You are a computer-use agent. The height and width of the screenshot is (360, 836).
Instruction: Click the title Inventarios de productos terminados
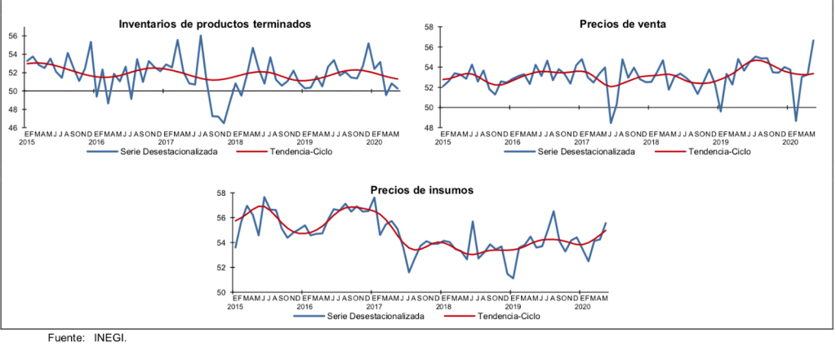[215, 24]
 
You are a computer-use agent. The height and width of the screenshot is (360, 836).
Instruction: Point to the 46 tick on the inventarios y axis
[13, 128]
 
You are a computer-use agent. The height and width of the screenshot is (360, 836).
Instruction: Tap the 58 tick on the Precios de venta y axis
[428, 28]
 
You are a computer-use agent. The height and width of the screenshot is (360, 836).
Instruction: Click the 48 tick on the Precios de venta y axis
[428, 128]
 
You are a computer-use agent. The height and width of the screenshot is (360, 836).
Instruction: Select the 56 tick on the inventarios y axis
[13, 36]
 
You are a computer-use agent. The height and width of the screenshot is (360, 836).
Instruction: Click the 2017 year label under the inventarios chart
[167, 141]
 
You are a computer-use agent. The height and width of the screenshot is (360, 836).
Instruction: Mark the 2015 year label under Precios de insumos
[235, 306]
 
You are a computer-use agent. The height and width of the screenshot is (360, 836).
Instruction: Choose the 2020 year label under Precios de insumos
[583, 306]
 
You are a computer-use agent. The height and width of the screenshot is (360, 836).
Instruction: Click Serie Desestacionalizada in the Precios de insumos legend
[376, 316]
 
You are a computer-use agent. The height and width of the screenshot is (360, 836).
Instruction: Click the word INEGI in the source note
[110, 337]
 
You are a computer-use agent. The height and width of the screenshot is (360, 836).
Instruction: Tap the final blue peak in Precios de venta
[813, 40]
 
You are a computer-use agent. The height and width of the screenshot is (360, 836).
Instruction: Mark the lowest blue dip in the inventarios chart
[224, 123]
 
